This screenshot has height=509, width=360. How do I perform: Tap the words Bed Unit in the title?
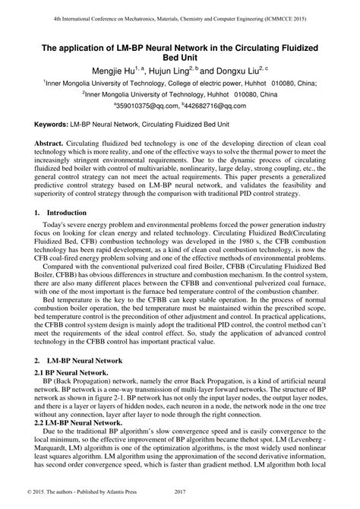coord(180,58)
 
